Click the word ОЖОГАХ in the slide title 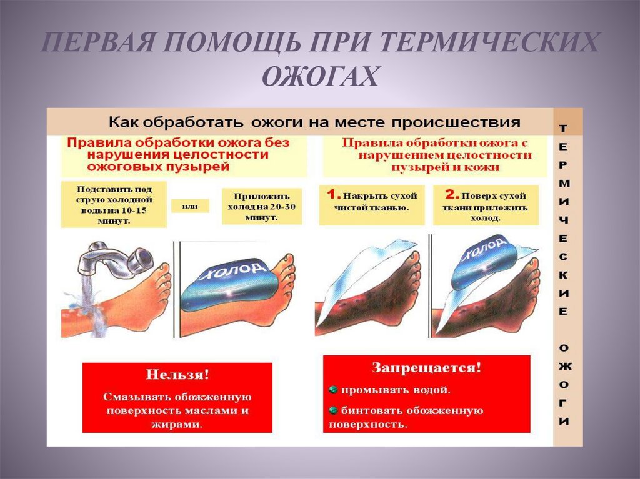coord(321,76)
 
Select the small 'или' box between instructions coord(190,206)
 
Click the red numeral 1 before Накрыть coord(332,194)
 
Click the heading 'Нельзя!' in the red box coord(177,375)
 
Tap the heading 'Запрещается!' coord(426,368)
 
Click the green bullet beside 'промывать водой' coord(334,390)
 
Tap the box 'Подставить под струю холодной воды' coord(114,205)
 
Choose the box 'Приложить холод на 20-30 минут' coord(262,207)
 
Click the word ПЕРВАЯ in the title coord(97,42)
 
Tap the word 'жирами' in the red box coord(177,424)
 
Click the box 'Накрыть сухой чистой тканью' coord(372,205)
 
